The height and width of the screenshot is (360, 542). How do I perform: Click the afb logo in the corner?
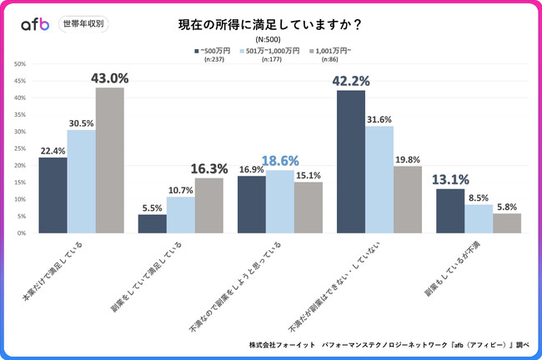34,24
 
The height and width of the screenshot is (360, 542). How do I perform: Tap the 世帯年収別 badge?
83,24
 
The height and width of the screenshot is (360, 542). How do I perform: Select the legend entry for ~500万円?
213,51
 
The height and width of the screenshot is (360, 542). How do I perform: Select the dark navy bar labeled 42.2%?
351,162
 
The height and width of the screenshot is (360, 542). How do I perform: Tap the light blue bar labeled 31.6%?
379,179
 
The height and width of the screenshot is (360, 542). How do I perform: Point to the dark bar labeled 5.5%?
152,223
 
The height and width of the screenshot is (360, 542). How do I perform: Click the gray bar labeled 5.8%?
506,222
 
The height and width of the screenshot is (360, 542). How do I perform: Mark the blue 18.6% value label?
281,162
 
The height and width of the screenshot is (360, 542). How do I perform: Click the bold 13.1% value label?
450,178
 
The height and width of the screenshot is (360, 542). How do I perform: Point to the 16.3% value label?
208,168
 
